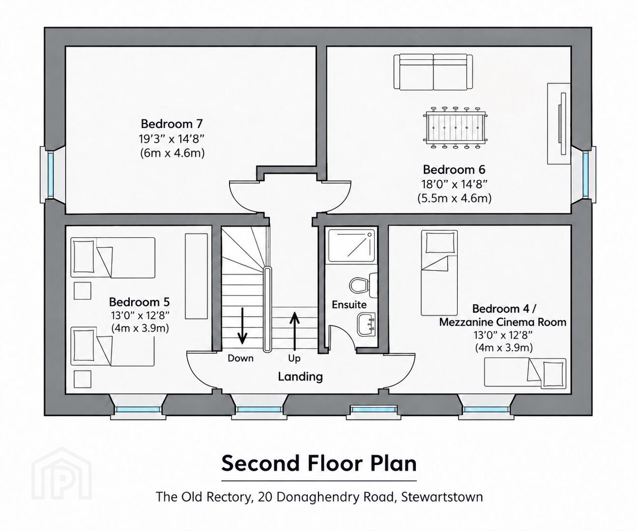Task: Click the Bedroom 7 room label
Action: (x=172, y=124)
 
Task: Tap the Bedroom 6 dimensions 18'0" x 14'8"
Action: (x=454, y=184)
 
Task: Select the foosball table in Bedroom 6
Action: (x=455, y=127)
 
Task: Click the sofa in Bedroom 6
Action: (x=433, y=72)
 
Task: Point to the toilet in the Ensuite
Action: (x=363, y=285)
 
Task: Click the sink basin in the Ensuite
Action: (x=366, y=324)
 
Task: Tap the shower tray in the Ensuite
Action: (x=351, y=245)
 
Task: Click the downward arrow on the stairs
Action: (x=242, y=325)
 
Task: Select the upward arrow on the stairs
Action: (x=294, y=331)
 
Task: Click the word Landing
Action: (x=300, y=377)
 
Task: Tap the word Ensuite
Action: (x=349, y=304)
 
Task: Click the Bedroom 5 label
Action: (x=139, y=302)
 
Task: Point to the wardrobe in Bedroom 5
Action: (x=197, y=276)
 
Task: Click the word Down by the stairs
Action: (x=240, y=358)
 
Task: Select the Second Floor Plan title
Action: (x=319, y=463)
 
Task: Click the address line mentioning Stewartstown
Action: (x=319, y=497)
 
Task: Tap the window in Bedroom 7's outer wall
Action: (x=50, y=175)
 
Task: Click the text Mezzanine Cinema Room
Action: (x=502, y=322)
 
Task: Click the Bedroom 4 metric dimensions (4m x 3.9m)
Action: (x=503, y=348)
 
